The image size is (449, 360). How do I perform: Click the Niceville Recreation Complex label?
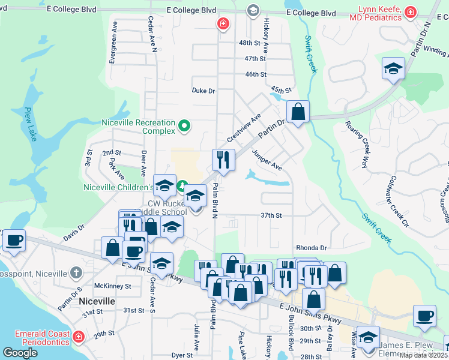coord(138,127)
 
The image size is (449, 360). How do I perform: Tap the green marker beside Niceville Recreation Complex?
coord(185,127)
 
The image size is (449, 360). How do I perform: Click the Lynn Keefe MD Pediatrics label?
coord(380,14)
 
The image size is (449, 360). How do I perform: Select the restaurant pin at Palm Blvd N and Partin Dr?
coord(223,160)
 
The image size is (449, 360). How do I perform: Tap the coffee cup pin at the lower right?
coord(424,315)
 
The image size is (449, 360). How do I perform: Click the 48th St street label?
coord(251,43)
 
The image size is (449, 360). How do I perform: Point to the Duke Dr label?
coord(203,91)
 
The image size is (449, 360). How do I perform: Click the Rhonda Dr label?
coord(311,247)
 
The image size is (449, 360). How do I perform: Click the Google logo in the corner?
coord(20,353)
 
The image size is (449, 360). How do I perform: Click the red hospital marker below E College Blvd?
coord(223,23)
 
